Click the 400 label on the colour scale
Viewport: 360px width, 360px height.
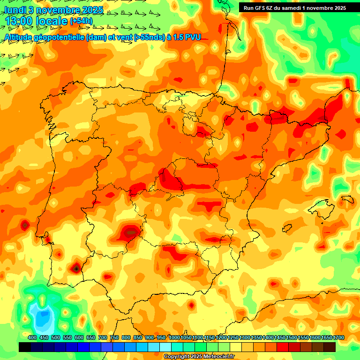32,337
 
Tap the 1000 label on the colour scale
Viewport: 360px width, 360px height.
174,337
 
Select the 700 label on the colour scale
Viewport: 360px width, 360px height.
102,337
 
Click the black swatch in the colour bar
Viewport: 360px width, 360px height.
25,347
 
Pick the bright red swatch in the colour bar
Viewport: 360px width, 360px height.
283,347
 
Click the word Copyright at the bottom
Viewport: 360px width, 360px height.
177,357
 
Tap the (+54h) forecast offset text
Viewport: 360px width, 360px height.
81,21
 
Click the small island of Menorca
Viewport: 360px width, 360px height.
346,200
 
